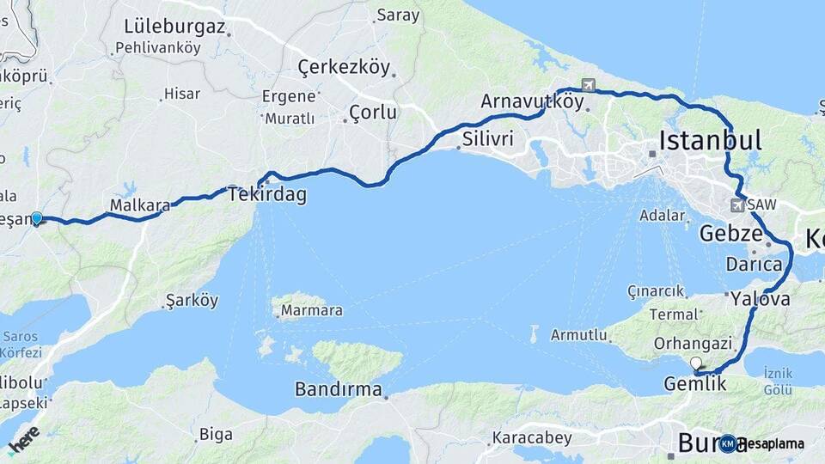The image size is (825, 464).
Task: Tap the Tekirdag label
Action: click(x=267, y=195)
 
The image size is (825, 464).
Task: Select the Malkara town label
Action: click(x=137, y=205)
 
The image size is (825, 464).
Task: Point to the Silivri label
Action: click(x=487, y=138)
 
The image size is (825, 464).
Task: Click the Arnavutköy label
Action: click(x=531, y=101)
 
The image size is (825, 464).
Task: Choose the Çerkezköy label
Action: click(x=344, y=67)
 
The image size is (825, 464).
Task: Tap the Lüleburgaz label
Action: click(x=175, y=27)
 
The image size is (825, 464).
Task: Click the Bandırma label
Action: click(x=338, y=389)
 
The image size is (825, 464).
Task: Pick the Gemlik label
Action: click(x=695, y=384)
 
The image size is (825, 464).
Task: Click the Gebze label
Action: click(x=730, y=234)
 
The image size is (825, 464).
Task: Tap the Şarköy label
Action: click(x=192, y=302)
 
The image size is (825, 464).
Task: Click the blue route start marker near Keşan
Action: click(x=36, y=218)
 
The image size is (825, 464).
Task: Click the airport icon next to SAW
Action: click(x=737, y=205)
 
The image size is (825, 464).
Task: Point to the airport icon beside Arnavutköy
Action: click(x=588, y=85)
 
